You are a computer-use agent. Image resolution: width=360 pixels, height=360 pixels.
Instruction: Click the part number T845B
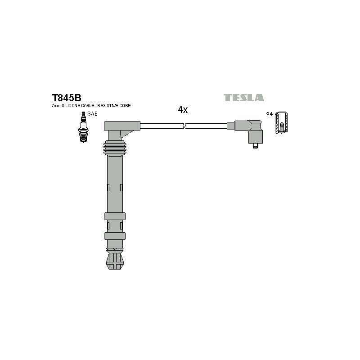coord(67,98)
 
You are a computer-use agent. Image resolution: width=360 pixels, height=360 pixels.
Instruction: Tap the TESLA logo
coord(244,98)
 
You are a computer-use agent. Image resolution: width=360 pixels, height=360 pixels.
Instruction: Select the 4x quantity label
coord(183,110)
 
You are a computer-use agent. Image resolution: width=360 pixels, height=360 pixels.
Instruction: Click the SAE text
coord(92,114)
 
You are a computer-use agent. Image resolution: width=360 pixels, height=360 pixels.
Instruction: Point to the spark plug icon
coord(83,127)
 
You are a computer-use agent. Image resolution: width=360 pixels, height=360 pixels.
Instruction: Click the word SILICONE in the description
coord(71,106)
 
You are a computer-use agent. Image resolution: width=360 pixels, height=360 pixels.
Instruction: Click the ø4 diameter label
coord(269,114)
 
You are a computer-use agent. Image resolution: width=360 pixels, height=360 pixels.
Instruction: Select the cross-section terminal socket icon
coord(281,122)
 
